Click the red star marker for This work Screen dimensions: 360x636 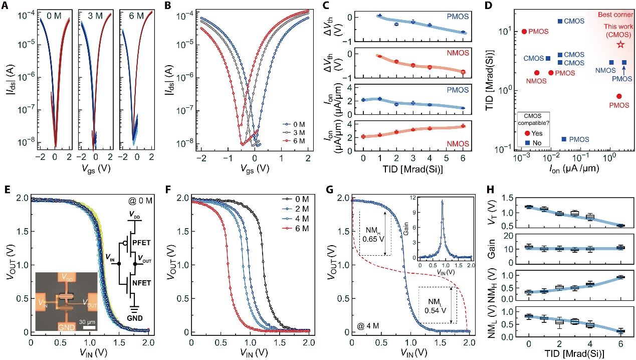[x=620, y=45]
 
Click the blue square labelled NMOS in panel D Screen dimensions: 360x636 [x=611, y=62]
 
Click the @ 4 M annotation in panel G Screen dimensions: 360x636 [x=366, y=327]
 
